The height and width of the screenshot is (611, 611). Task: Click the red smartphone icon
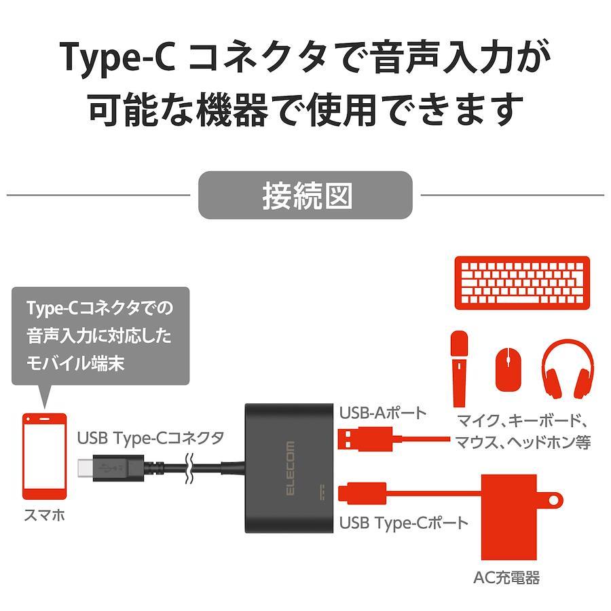(x=45, y=456)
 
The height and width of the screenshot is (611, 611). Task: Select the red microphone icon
(x=460, y=364)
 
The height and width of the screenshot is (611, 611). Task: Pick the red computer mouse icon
(x=507, y=369)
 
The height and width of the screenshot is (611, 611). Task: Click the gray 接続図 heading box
(x=305, y=195)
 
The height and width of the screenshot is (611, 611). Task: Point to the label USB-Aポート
(x=383, y=412)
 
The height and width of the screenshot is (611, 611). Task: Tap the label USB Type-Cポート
(x=404, y=523)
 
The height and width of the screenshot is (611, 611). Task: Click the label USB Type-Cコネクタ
(x=150, y=438)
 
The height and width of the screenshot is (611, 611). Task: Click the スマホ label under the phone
(x=44, y=515)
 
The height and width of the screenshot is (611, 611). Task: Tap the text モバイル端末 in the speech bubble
(x=75, y=363)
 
